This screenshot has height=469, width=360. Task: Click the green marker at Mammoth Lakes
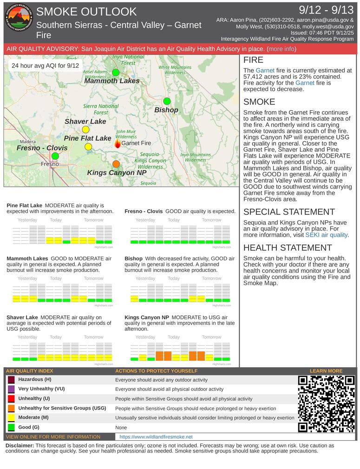point(116,72)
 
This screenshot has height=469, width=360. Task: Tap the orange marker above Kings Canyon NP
point(116,164)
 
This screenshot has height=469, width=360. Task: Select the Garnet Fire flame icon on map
point(118,144)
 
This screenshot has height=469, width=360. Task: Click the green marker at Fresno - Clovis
point(55,156)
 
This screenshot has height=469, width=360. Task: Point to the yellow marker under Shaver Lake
point(85,130)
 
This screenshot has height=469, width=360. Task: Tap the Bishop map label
point(166,110)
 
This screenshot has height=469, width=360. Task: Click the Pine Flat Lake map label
point(87,138)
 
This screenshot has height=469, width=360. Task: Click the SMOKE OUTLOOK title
point(86,12)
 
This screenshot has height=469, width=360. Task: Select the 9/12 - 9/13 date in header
point(326,10)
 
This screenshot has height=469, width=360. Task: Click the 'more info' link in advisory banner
point(281,49)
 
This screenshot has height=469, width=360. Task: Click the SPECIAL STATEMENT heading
point(289,212)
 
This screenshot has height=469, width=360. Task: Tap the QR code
point(327,404)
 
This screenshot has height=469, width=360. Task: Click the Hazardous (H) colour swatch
point(11,380)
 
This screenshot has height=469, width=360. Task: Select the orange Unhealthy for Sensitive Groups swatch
point(11,409)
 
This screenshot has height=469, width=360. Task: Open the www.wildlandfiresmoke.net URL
point(156,437)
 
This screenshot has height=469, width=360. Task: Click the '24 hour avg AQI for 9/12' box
point(45,66)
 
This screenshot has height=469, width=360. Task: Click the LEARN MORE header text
point(326,371)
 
